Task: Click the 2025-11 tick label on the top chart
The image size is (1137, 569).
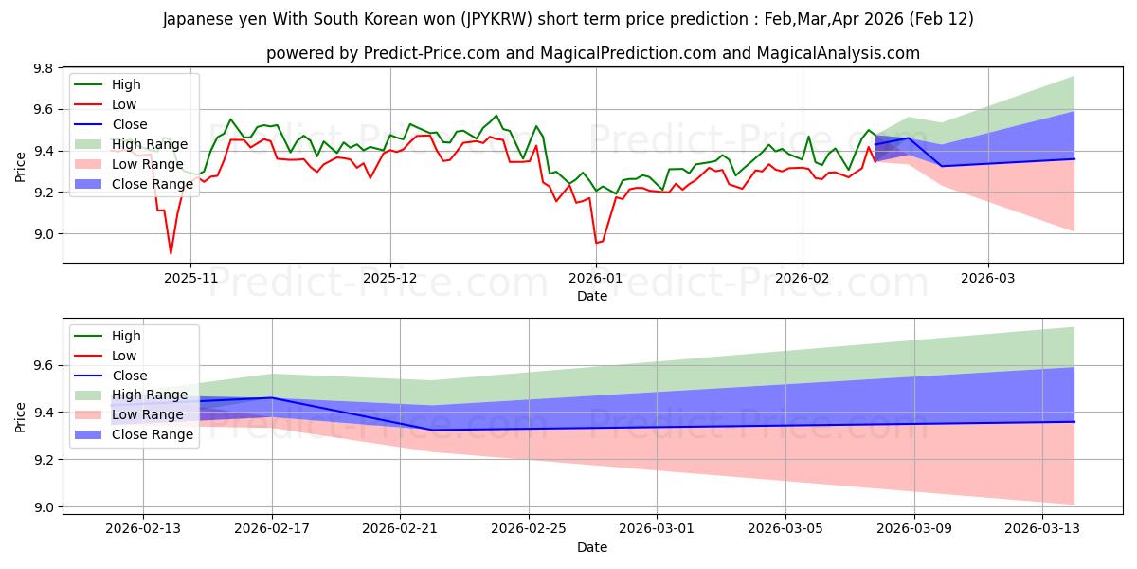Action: (x=190, y=278)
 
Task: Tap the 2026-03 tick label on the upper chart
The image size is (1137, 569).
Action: (x=988, y=278)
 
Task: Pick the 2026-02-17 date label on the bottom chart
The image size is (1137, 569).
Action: (x=272, y=529)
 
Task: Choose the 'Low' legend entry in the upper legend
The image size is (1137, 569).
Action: (x=124, y=104)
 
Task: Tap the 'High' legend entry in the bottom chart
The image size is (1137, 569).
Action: (x=126, y=336)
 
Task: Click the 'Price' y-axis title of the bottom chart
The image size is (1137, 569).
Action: (x=20, y=416)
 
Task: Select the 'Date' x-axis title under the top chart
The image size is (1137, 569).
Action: (x=592, y=296)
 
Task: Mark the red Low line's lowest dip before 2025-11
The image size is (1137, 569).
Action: (x=171, y=253)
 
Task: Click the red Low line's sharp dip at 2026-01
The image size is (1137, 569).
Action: (x=597, y=243)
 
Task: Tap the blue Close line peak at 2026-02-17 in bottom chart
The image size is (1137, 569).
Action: (x=272, y=397)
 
